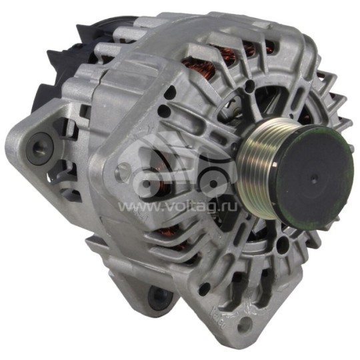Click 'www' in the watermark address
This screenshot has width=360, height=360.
coord(133,207)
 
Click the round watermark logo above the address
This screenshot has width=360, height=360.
coord(177,167)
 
